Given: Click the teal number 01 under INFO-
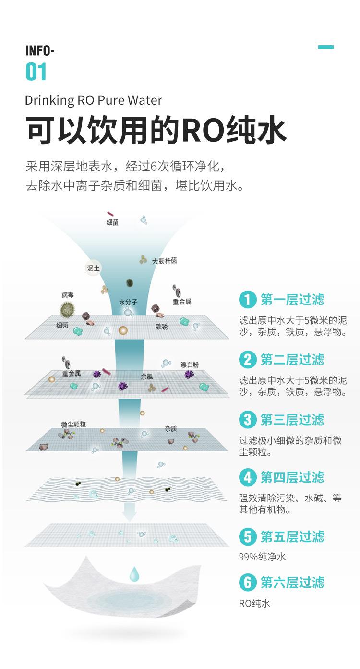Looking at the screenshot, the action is (36, 72).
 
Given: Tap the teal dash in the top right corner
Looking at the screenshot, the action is (325, 47).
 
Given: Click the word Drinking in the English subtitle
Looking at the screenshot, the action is (49, 100).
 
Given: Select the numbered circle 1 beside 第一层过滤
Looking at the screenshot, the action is (248, 300).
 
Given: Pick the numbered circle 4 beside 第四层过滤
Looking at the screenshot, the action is (248, 477).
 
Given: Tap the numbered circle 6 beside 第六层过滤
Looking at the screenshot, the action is (248, 582).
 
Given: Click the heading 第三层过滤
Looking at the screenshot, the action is (292, 419).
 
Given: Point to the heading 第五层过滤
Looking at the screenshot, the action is (292, 536).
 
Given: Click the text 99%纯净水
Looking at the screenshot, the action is (262, 557).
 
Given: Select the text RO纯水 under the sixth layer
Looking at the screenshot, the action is (254, 603).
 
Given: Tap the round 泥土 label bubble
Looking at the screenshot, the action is (94, 268).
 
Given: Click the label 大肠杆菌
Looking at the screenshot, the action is (165, 261).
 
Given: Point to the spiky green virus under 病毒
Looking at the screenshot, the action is (68, 309).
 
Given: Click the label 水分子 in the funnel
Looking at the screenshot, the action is (128, 302).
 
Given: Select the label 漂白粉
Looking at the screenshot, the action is (190, 365).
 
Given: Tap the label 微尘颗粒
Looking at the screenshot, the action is (73, 424).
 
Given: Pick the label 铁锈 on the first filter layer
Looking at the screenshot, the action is (162, 327).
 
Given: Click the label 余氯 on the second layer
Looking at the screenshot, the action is (146, 377).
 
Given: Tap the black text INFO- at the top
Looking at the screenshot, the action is (40, 51).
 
